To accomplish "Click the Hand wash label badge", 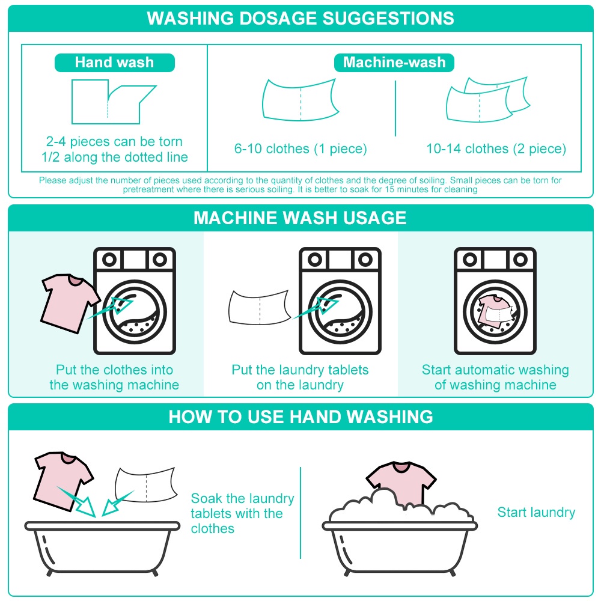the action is click(x=115, y=63).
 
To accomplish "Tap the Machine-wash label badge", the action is click(x=394, y=63).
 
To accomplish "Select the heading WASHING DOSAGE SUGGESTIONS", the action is click(x=300, y=19).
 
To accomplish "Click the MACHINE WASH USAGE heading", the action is click(x=300, y=218).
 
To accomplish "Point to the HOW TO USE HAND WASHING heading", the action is click(x=301, y=416).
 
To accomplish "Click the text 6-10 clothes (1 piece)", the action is click(x=300, y=148).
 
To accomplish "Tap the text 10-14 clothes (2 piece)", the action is click(x=496, y=148).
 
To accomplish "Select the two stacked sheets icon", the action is click(x=487, y=99).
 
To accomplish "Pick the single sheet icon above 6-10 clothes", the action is click(x=300, y=100).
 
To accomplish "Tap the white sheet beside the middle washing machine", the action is click(x=260, y=308).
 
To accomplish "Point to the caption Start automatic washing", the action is click(x=495, y=370).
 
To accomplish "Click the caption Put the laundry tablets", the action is click(x=300, y=370).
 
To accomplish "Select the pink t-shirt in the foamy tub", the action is click(x=401, y=483).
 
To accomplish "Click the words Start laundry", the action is click(x=536, y=512).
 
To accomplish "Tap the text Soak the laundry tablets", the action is click(x=242, y=506).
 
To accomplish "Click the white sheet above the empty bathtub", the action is click(x=146, y=484).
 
